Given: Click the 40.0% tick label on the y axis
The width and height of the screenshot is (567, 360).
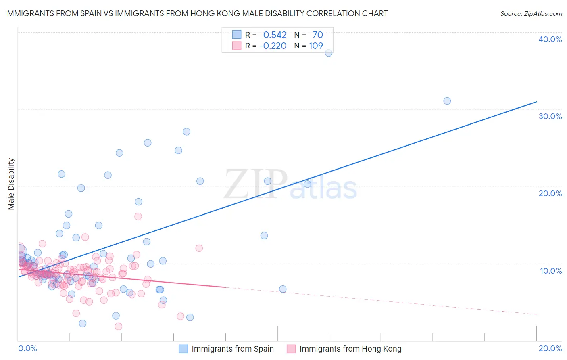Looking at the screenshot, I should (x=550, y=39).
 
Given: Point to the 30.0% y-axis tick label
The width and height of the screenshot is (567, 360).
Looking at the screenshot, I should (x=550, y=116).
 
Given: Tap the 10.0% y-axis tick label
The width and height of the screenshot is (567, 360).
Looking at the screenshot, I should (x=551, y=271).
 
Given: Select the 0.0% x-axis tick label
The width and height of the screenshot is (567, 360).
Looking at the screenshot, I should (x=27, y=348).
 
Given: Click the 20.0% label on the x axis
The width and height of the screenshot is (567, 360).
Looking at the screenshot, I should (x=550, y=348).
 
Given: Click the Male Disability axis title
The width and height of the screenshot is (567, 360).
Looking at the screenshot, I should (x=11, y=184).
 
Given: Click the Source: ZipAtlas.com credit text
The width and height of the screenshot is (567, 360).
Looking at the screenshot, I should (x=531, y=13).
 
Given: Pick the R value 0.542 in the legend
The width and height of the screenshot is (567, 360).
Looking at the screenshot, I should (x=275, y=35).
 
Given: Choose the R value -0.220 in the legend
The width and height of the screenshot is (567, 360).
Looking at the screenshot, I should (x=273, y=46).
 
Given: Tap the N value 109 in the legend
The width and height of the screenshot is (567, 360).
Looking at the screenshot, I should (x=316, y=46).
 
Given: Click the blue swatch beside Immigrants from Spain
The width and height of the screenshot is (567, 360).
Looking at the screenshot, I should (x=183, y=349).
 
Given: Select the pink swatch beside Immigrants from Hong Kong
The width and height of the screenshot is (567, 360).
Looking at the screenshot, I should (x=291, y=349).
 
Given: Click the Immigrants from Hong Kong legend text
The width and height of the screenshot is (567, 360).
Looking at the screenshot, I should (x=350, y=349).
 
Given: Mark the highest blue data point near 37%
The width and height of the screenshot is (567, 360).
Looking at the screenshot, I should (x=329, y=53).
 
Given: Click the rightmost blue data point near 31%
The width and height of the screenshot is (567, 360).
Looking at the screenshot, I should (x=447, y=101).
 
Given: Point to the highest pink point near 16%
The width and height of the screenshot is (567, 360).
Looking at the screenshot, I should (x=138, y=216).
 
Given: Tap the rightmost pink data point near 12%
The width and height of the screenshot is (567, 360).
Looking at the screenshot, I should (x=199, y=248).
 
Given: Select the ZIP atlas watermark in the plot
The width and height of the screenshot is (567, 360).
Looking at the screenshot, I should (x=290, y=185).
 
